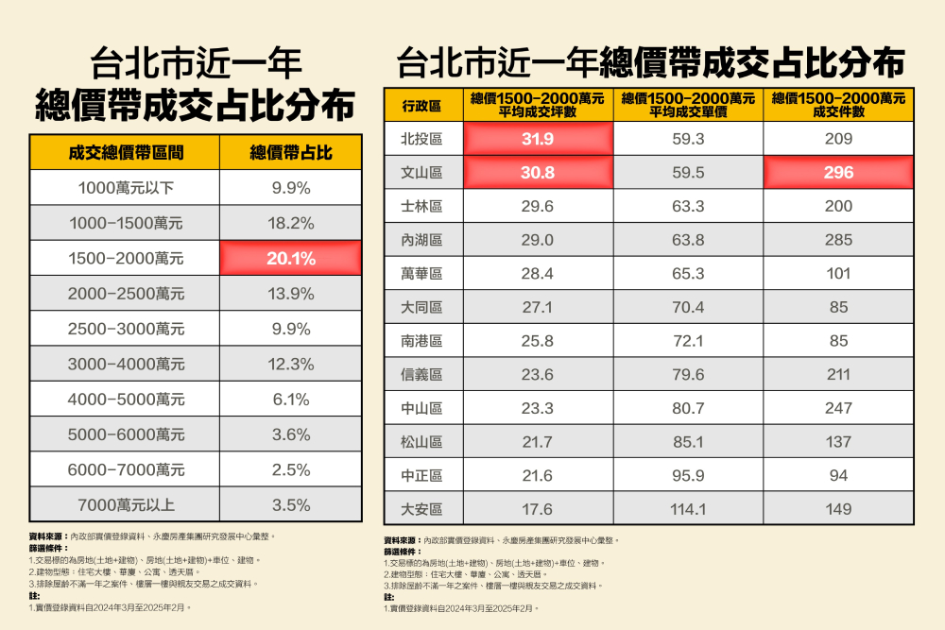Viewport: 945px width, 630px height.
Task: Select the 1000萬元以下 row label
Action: (x=126, y=188)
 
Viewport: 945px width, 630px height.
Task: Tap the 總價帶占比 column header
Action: (x=290, y=152)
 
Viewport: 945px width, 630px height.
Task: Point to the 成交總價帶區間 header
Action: (x=126, y=152)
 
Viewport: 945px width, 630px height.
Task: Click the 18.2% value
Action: (x=290, y=223)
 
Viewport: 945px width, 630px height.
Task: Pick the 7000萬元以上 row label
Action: (x=126, y=504)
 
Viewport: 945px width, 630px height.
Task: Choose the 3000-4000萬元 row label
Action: (x=126, y=364)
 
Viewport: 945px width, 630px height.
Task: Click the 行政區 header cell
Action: (x=422, y=105)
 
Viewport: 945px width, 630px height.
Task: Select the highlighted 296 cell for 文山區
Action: (x=837, y=172)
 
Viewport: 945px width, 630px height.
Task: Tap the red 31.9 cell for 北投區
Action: (x=537, y=139)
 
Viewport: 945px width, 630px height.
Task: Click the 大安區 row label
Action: (x=422, y=509)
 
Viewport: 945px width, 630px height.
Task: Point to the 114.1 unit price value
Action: (x=687, y=509)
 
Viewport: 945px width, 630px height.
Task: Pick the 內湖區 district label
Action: (x=422, y=240)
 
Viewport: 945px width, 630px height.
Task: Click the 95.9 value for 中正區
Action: (x=687, y=475)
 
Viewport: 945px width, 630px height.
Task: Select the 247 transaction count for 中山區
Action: (x=837, y=408)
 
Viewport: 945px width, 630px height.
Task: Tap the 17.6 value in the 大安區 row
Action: (x=537, y=509)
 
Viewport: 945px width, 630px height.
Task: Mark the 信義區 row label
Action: (x=422, y=374)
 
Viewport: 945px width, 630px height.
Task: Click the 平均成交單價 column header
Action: (x=687, y=105)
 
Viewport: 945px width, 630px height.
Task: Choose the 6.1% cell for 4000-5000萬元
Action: (x=290, y=400)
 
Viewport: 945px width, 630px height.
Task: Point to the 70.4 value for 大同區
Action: (x=687, y=307)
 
